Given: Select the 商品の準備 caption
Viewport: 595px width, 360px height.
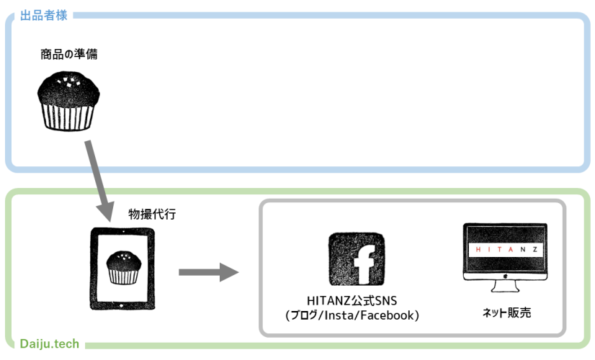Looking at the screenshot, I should (69, 54).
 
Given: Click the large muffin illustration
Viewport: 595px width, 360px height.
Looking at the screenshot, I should (68, 100).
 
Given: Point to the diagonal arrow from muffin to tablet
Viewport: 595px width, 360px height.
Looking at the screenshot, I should (98, 180).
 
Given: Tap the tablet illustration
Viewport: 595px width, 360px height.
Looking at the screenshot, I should (122, 269).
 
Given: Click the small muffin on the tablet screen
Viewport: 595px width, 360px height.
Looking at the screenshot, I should (122, 267).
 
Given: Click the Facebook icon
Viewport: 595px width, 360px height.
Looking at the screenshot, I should (356, 260).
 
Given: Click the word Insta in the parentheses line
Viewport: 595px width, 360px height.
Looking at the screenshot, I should (344, 315).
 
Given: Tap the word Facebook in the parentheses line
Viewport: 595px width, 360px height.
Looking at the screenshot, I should (390, 315).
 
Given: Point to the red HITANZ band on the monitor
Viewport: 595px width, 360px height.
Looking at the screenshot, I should (505, 249).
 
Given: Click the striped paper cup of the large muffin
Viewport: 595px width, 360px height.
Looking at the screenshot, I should (68, 115).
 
